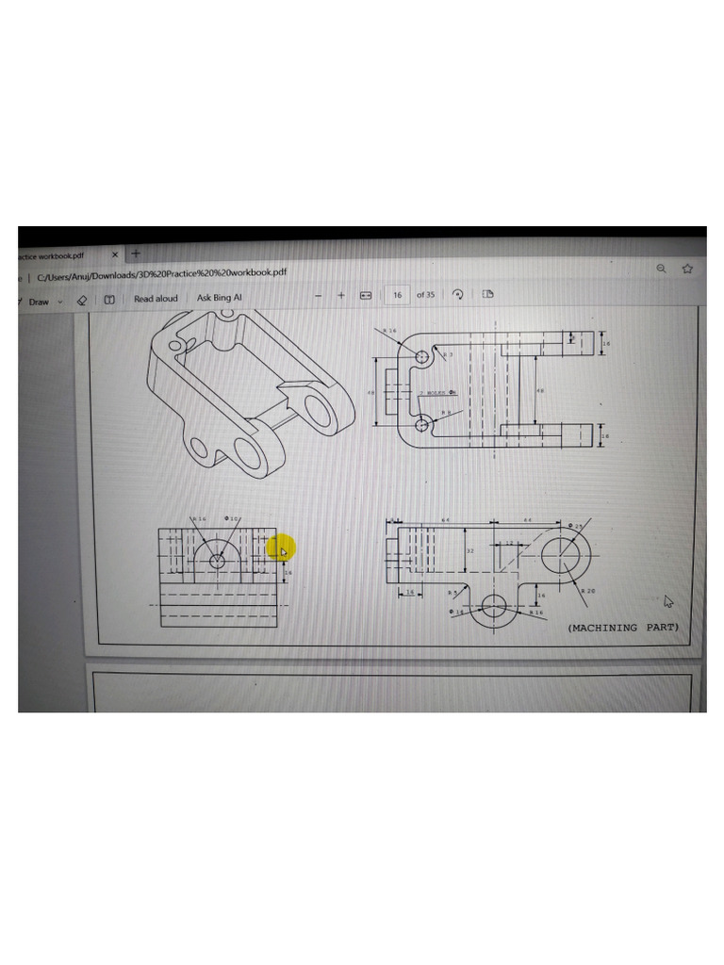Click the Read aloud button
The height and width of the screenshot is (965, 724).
[x=155, y=299]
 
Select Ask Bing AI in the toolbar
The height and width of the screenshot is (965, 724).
[x=219, y=298]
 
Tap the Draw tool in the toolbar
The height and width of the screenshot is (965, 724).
[x=39, y=302]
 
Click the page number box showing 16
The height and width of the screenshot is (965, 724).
[x=398, y=295]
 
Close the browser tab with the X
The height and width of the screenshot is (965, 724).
[x=115, y=254]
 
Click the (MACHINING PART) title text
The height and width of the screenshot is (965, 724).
[x=622, y=627]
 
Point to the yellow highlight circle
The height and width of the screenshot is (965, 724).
[x=281, y=548]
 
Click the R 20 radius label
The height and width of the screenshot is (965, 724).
[x=588, y=590]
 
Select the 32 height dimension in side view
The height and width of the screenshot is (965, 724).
[x=469, y=548]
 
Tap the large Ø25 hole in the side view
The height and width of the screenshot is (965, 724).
[x=563, y=550]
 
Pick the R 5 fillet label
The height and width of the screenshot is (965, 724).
[x=452, y=593]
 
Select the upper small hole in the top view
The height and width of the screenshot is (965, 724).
[x=421, y=358]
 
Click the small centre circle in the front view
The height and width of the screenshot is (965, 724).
[x=218, y=561]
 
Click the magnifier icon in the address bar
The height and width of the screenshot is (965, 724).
[x=661, y=269]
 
